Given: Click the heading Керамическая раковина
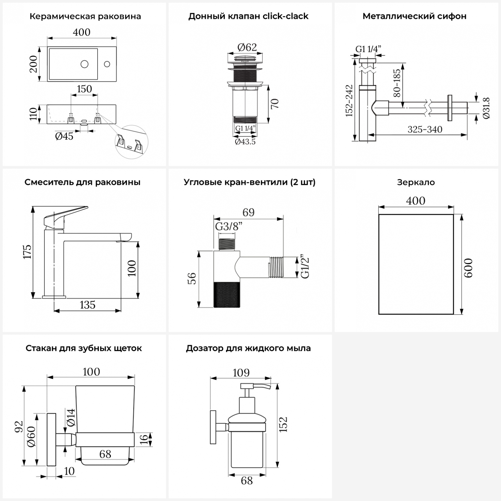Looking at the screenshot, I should coord(85,16).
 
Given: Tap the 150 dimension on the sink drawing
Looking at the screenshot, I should coord(84,89).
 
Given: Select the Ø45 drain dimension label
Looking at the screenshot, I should coord(64,136).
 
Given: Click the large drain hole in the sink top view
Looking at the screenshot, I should coord(85,63).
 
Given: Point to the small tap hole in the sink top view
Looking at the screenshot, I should coord(107,63).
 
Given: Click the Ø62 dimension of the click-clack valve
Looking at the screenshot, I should coord(247,47).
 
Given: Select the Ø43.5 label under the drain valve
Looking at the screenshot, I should coord(245,142).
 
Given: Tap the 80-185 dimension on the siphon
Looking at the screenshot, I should coord(397,83).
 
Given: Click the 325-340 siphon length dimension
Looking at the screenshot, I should coord(425,129).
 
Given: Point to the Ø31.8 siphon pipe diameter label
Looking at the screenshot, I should coord(486,108).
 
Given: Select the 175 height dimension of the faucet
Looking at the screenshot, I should coord(27,252).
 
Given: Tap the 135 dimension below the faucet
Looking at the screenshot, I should coord(88,305).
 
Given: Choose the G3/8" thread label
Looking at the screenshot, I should coord(228,226).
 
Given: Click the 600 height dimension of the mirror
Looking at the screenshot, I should coord(468,268).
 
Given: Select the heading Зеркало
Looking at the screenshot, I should coord(416,182).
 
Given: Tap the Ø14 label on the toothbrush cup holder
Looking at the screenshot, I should coord(70,417).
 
